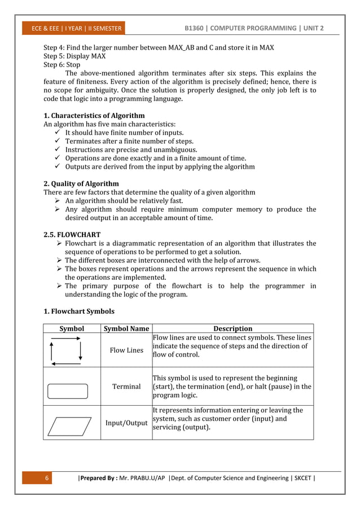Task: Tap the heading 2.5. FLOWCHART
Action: pos(72,234)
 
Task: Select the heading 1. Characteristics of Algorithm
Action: pos(94,116)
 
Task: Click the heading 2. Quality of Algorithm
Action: pos(81,183)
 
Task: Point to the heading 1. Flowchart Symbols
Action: pos(79,311)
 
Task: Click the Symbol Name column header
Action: pos(126,328)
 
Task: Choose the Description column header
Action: pos(232,328)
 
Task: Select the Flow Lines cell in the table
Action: pos(126,350)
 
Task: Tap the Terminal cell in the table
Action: pos(126,387)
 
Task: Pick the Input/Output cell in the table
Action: pos(126,423)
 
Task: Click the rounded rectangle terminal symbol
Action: pos(68,391)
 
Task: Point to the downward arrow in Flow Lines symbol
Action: pos(81,351)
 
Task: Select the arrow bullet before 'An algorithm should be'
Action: pos(57,201)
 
